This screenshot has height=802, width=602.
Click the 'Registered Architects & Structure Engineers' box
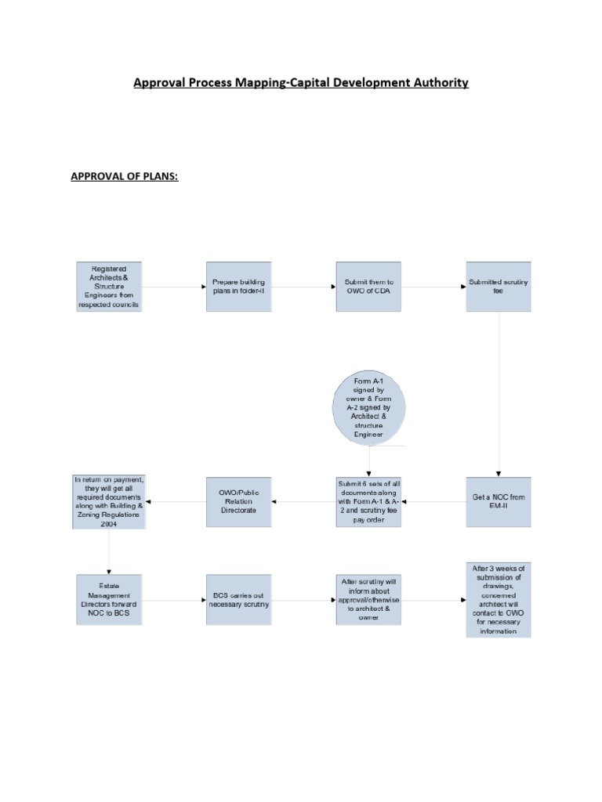click(x=109, y=287)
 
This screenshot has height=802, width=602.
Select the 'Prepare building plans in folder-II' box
click(x=239, y=287)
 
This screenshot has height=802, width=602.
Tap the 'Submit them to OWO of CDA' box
click(x=368, y=287)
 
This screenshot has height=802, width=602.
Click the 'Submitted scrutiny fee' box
click(x=499, y=287)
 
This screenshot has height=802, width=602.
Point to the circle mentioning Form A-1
click(x=368, y=407)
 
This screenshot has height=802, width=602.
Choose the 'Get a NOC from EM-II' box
click(x=499, y=502)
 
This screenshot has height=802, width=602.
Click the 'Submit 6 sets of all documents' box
click(x=368, y=502)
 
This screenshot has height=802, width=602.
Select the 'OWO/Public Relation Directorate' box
click(x=239, y=502)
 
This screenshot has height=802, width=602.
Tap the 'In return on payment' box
click(x=109, y=502)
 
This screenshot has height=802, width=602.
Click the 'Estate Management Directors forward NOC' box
click(x=109, y=600)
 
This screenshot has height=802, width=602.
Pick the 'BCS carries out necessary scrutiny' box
click(x=239, y=600)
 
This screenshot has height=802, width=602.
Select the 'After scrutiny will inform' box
click(x=368, y=600)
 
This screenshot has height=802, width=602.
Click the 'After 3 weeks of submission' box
click(x=499, y=600)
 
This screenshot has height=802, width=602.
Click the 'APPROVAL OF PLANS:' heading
click(x=125, y=176)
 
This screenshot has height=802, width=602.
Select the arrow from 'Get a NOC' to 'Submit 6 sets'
click(x=433, y=502)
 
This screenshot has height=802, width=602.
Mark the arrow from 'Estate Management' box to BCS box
click(x=174, y=601)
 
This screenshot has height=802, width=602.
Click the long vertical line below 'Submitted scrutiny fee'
click(x=499, y=392)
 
